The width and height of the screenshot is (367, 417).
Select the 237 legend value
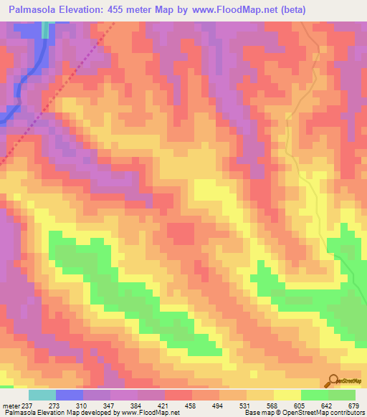28,406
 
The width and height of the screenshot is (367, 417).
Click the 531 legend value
246,406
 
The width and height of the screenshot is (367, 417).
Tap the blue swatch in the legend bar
69,395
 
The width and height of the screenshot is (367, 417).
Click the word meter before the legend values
11,406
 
